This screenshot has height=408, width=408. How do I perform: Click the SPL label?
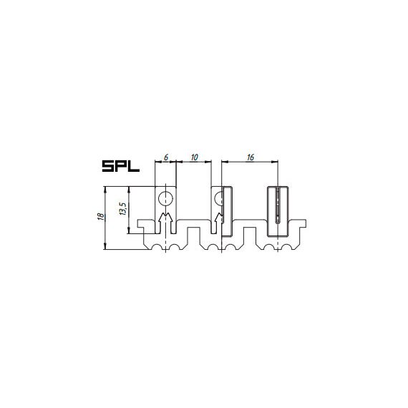click(x=121, y=166)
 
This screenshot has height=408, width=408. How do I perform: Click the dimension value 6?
click(x=166, y=157)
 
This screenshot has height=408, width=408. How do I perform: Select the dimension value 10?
click(x=195, y=157)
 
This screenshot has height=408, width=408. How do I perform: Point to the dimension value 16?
click(x=251, y=157)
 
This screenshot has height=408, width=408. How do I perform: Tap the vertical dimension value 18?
click(x=101, y=216)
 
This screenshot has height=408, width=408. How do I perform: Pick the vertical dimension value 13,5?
click(x=123, y=209)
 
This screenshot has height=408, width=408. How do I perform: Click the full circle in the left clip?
click(x=166, y=199)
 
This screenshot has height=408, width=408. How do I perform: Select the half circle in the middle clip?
click(x=218, y=199)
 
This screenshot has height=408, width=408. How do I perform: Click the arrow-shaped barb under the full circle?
click(x=165, y=218)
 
